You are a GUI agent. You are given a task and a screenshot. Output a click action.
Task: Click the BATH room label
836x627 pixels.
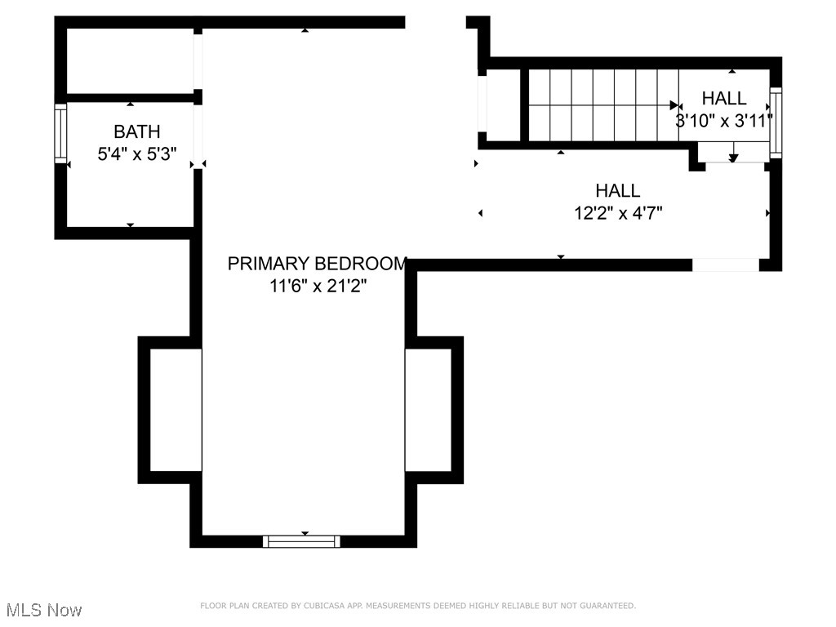[x=136, y=131]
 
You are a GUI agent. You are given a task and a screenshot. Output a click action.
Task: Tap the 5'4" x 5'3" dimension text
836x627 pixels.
[x=136, y=153]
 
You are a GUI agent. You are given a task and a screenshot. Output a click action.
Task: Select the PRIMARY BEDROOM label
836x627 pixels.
[x=317, y=264]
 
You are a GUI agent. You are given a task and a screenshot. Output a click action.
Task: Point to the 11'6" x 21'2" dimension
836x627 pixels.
[x=317, y=286]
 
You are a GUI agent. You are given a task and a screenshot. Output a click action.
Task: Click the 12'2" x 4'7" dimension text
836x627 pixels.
[x=617, y=214]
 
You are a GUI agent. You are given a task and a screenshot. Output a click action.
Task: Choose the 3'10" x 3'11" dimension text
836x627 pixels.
[x=724, y=121]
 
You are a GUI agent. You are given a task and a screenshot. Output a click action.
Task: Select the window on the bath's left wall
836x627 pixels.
[x=60, y=133]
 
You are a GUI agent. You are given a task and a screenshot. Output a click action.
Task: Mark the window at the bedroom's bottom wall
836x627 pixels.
[x=303, y=540]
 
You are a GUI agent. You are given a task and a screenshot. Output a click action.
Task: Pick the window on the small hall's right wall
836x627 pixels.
[x=776, y=122]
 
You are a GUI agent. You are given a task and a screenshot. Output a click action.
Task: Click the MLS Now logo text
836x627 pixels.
[x=44, y=610]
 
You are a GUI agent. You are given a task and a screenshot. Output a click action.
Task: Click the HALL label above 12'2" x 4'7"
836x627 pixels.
[x=617, y=191]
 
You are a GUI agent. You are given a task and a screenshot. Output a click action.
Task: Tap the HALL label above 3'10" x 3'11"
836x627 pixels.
[x=724, y=98]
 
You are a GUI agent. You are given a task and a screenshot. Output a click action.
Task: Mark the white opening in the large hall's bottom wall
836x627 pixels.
[x=725, y=265]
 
